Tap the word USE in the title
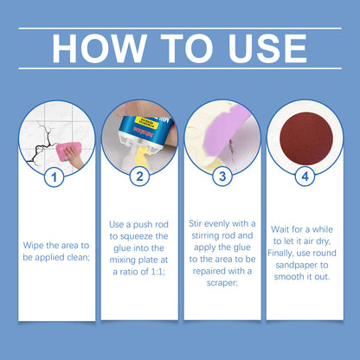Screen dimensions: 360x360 coord(267,48)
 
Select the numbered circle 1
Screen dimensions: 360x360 coord(55,177)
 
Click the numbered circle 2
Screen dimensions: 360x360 coord(139,177)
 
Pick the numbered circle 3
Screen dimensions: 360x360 coord(222,177)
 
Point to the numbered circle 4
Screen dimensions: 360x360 coord(305,177)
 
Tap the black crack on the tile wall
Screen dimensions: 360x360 coord(39,145)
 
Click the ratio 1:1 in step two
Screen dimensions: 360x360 coord(157,272)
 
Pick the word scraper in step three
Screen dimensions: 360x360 coord(222,283)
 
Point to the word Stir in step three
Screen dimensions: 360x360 coord(195,223)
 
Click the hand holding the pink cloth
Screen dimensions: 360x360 coord(75,156)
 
